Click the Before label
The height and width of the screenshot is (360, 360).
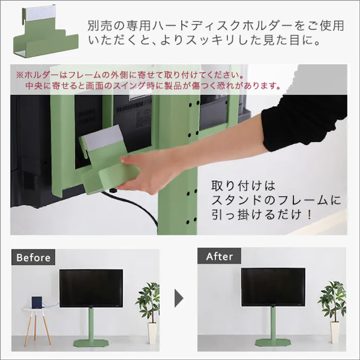tap(33, 257)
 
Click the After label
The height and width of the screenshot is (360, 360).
tap(220, 256)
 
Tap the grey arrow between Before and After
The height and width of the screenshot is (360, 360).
tap(178, 299)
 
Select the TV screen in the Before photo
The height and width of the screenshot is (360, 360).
tap(91, 287)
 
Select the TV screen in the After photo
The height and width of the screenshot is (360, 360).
tap(273, 286)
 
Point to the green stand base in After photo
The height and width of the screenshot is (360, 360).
tap(273, 343)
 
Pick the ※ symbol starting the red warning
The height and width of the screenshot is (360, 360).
tap(20, 74)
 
